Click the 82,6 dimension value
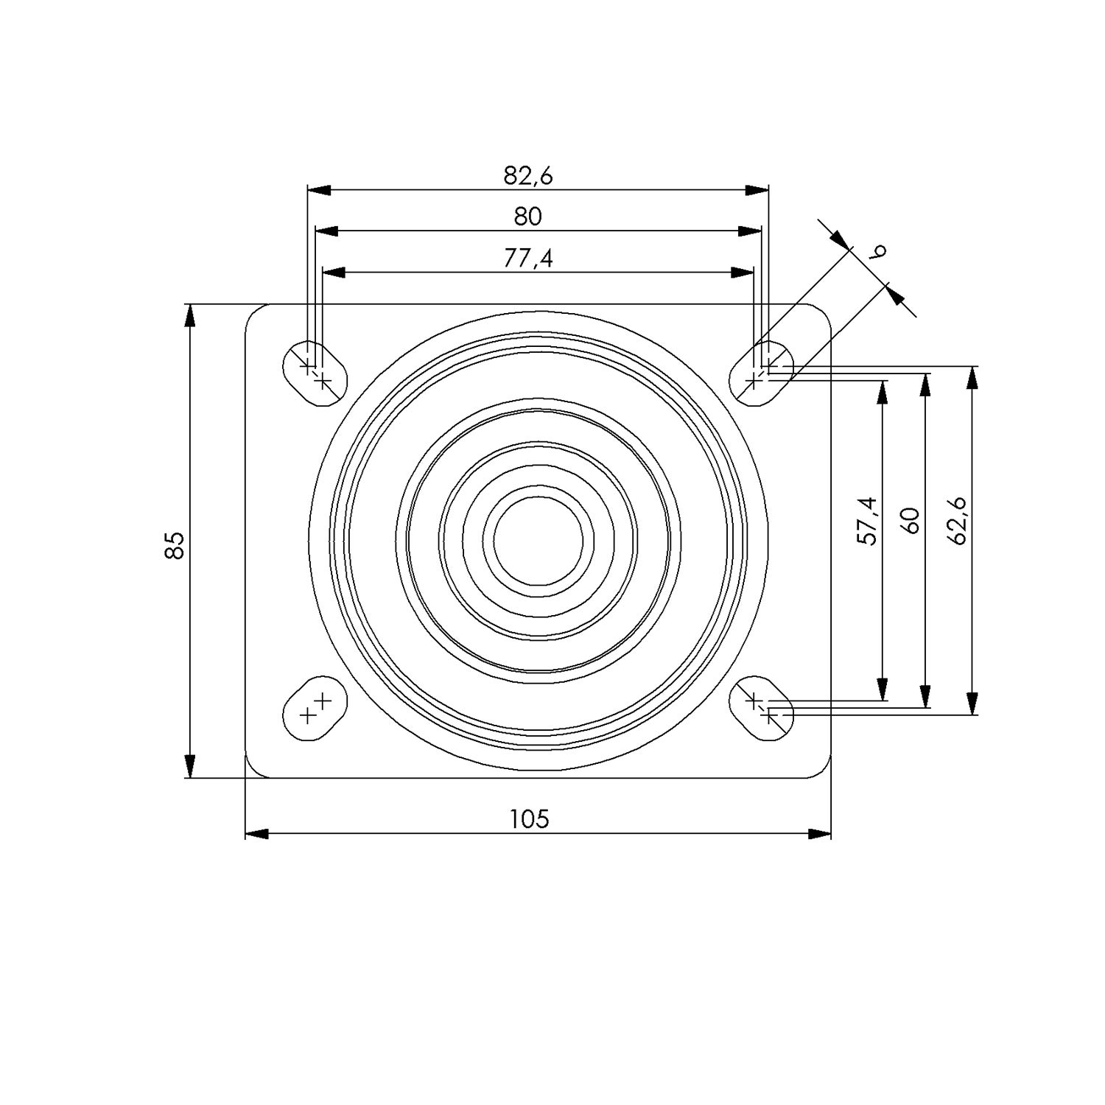click(528, 175)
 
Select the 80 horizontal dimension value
click(527, 217)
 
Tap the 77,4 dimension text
click(528, 259)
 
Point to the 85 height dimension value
click(174, 546)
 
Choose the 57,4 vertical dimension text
click(868, 521)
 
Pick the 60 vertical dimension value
click(911, 521)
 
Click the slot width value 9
click(877, 252)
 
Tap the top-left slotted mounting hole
click(315, 373)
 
